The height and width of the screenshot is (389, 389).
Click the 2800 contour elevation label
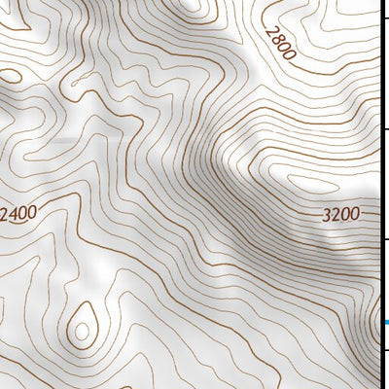click(277, 42)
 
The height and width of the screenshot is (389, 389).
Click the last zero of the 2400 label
click(33, 211)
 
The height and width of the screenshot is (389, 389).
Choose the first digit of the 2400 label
click(4, 213)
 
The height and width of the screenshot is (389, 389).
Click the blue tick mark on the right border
click(385, 323)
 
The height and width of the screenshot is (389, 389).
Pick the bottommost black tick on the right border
click(385, 351)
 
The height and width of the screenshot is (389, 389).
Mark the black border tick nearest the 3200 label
click(385, 239)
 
